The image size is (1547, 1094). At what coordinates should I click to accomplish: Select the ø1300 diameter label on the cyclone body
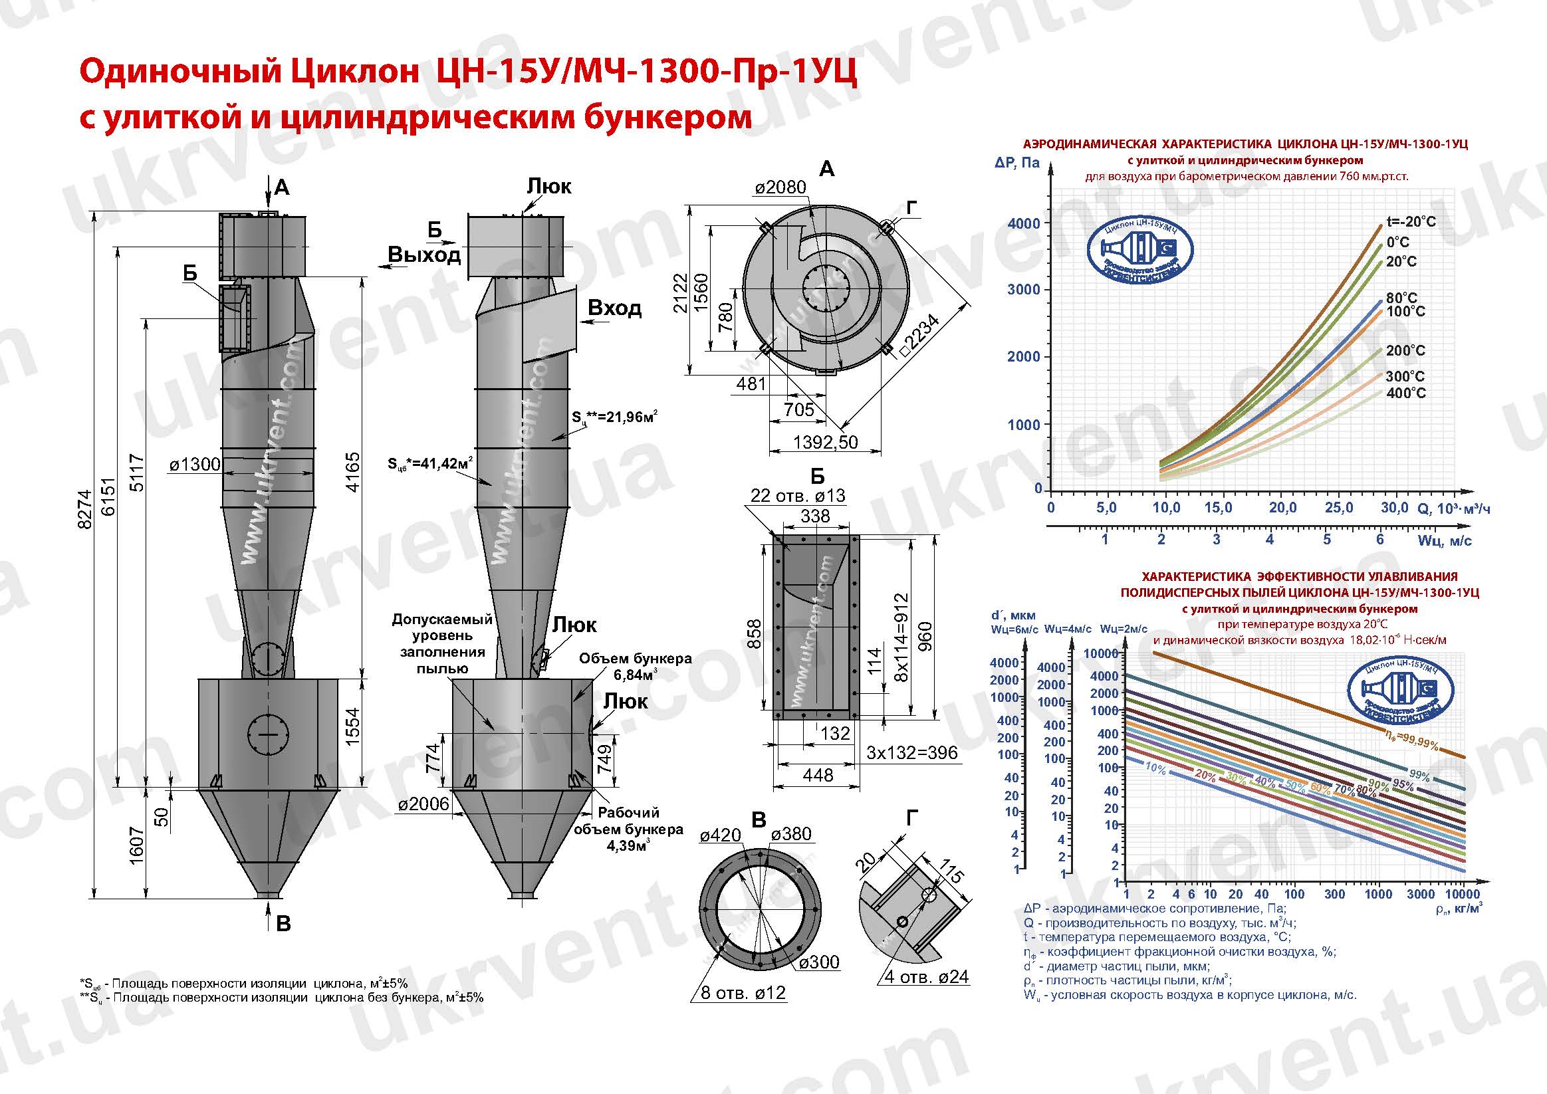click(194, 464)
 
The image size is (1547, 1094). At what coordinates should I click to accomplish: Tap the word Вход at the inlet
click(614, 308)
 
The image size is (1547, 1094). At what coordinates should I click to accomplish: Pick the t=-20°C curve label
click(1411, 221)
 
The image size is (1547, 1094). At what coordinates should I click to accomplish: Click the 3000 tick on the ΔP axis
click(1024, 290)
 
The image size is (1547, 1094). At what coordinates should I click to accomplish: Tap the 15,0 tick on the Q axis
click(1217, 508)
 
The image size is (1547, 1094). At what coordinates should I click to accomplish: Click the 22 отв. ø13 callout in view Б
click(797, 496)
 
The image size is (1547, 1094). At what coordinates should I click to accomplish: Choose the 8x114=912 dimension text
click(901, 637)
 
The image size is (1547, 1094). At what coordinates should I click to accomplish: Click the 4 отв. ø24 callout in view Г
click(926, 977)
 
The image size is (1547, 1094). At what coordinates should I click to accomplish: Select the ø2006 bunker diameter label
click(423, 804)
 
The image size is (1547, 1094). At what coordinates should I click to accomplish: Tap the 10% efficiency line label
click(1155, 768)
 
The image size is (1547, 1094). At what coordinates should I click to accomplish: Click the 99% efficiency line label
click(1418, 776)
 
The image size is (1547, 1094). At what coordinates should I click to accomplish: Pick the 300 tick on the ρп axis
click(1334, 894)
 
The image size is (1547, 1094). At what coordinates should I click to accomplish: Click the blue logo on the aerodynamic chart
click(1141, 253)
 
